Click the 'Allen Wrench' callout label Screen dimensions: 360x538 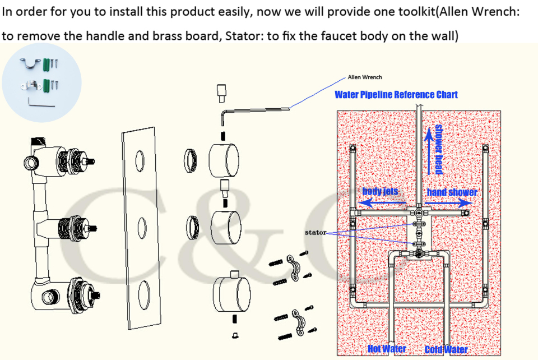click(x=365, y=77)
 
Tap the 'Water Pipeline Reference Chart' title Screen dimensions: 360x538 click(x=396, y=94)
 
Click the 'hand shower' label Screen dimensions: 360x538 click(x=452, y=192)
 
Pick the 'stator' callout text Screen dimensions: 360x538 click(x=315, y=232)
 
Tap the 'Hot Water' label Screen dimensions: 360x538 click(x=387, y=349)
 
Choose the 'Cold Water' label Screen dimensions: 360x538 click(x=446, y=349)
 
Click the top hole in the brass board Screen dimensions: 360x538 click(x=140, y=160)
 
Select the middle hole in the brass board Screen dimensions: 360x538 click(x=141, y=227)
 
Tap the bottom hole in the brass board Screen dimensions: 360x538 click(x=143, y=293)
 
